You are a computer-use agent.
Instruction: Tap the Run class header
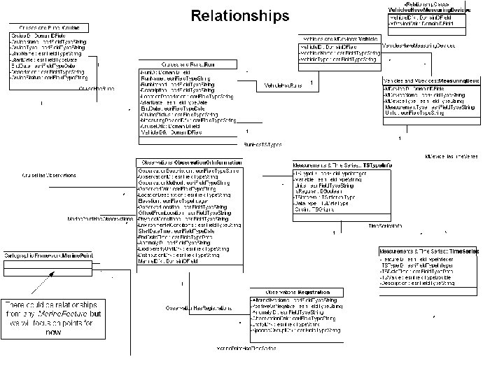click(x=180, y=64)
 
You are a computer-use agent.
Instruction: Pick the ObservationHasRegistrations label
click(x=198, y=308)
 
